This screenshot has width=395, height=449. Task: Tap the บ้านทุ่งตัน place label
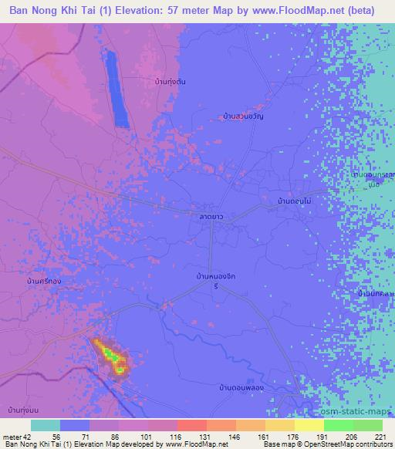[x=170, y=81]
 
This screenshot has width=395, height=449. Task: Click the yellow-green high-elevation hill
[x=112, y=357]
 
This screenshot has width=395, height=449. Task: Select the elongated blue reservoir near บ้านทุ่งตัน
[x=117, y=88]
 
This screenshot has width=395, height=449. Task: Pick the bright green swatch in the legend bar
[x=338, y=425]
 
